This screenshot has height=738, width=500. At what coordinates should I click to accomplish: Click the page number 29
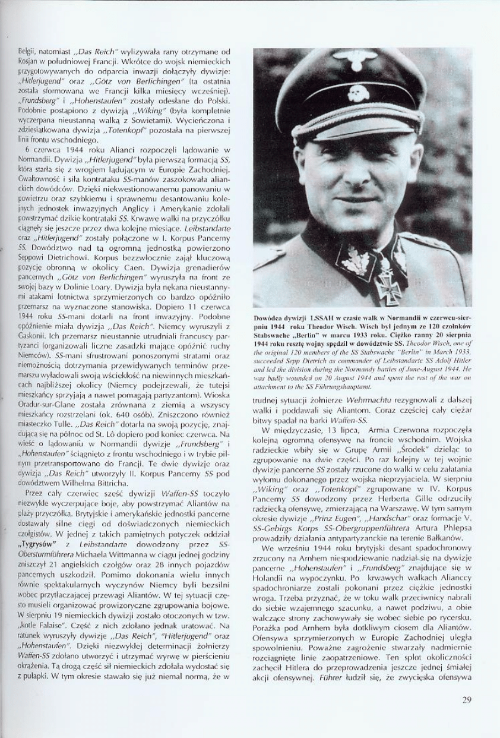tap(466, 699)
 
